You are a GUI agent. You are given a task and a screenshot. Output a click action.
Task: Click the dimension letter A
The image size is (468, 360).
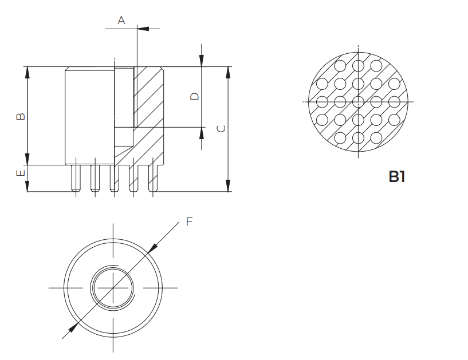click(x=121, y=21)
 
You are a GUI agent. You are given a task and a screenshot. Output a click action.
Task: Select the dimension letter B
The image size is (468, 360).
click(x=20, y=116)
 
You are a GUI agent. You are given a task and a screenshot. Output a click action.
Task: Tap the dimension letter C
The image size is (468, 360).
click(x=221, y=128)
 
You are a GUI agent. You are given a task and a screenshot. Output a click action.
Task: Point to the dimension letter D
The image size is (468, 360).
click(x=195, y=96)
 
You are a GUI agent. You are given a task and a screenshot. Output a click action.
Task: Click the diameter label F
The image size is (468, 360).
click(x=189, y=221)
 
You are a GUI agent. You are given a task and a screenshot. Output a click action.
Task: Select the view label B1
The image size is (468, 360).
click(x=397, y=176)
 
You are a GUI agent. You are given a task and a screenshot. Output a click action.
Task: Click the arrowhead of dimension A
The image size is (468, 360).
click(x=142, y=27)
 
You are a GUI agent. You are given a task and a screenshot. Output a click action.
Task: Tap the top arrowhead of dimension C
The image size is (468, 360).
click(x=228, y=72)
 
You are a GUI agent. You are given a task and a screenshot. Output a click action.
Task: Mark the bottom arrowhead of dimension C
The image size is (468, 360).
click(x=228, y=185)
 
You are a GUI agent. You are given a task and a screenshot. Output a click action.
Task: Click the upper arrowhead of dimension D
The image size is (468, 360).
click(x=202, y=61)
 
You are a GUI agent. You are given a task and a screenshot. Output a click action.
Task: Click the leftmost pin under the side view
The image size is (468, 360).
click(x=75, y=178)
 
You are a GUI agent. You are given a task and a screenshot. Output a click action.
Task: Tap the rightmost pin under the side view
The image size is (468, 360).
click(x=153, y=178)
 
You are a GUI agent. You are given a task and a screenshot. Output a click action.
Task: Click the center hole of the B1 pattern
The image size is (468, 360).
click(x=358, y=102)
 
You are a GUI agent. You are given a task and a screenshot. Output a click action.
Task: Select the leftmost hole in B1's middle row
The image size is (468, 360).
click(x=322, y=102)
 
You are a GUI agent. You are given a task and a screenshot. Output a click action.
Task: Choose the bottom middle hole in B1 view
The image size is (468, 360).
click(x=358, y=138)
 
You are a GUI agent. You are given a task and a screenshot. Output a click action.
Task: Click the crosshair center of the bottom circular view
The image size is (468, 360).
click(x=113, y=287)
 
